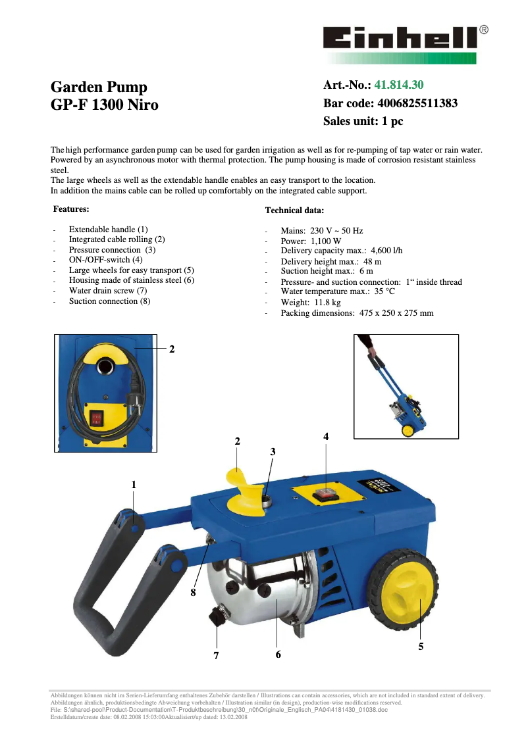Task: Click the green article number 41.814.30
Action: tap(399, 85)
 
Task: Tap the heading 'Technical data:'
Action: tap(294, 211)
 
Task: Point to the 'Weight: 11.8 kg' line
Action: tap(311, 303)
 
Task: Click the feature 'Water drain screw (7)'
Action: tap(108, 290)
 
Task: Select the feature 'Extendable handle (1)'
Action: tap(109, 230)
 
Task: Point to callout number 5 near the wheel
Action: tap(421, 647)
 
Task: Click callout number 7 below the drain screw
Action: tap(215, 655)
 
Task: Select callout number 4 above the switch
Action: tap(326, 437)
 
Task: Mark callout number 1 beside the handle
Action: tap(134, 484)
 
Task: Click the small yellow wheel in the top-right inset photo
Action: tap(408, 431)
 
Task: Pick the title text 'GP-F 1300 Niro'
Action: tap(105, 105)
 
